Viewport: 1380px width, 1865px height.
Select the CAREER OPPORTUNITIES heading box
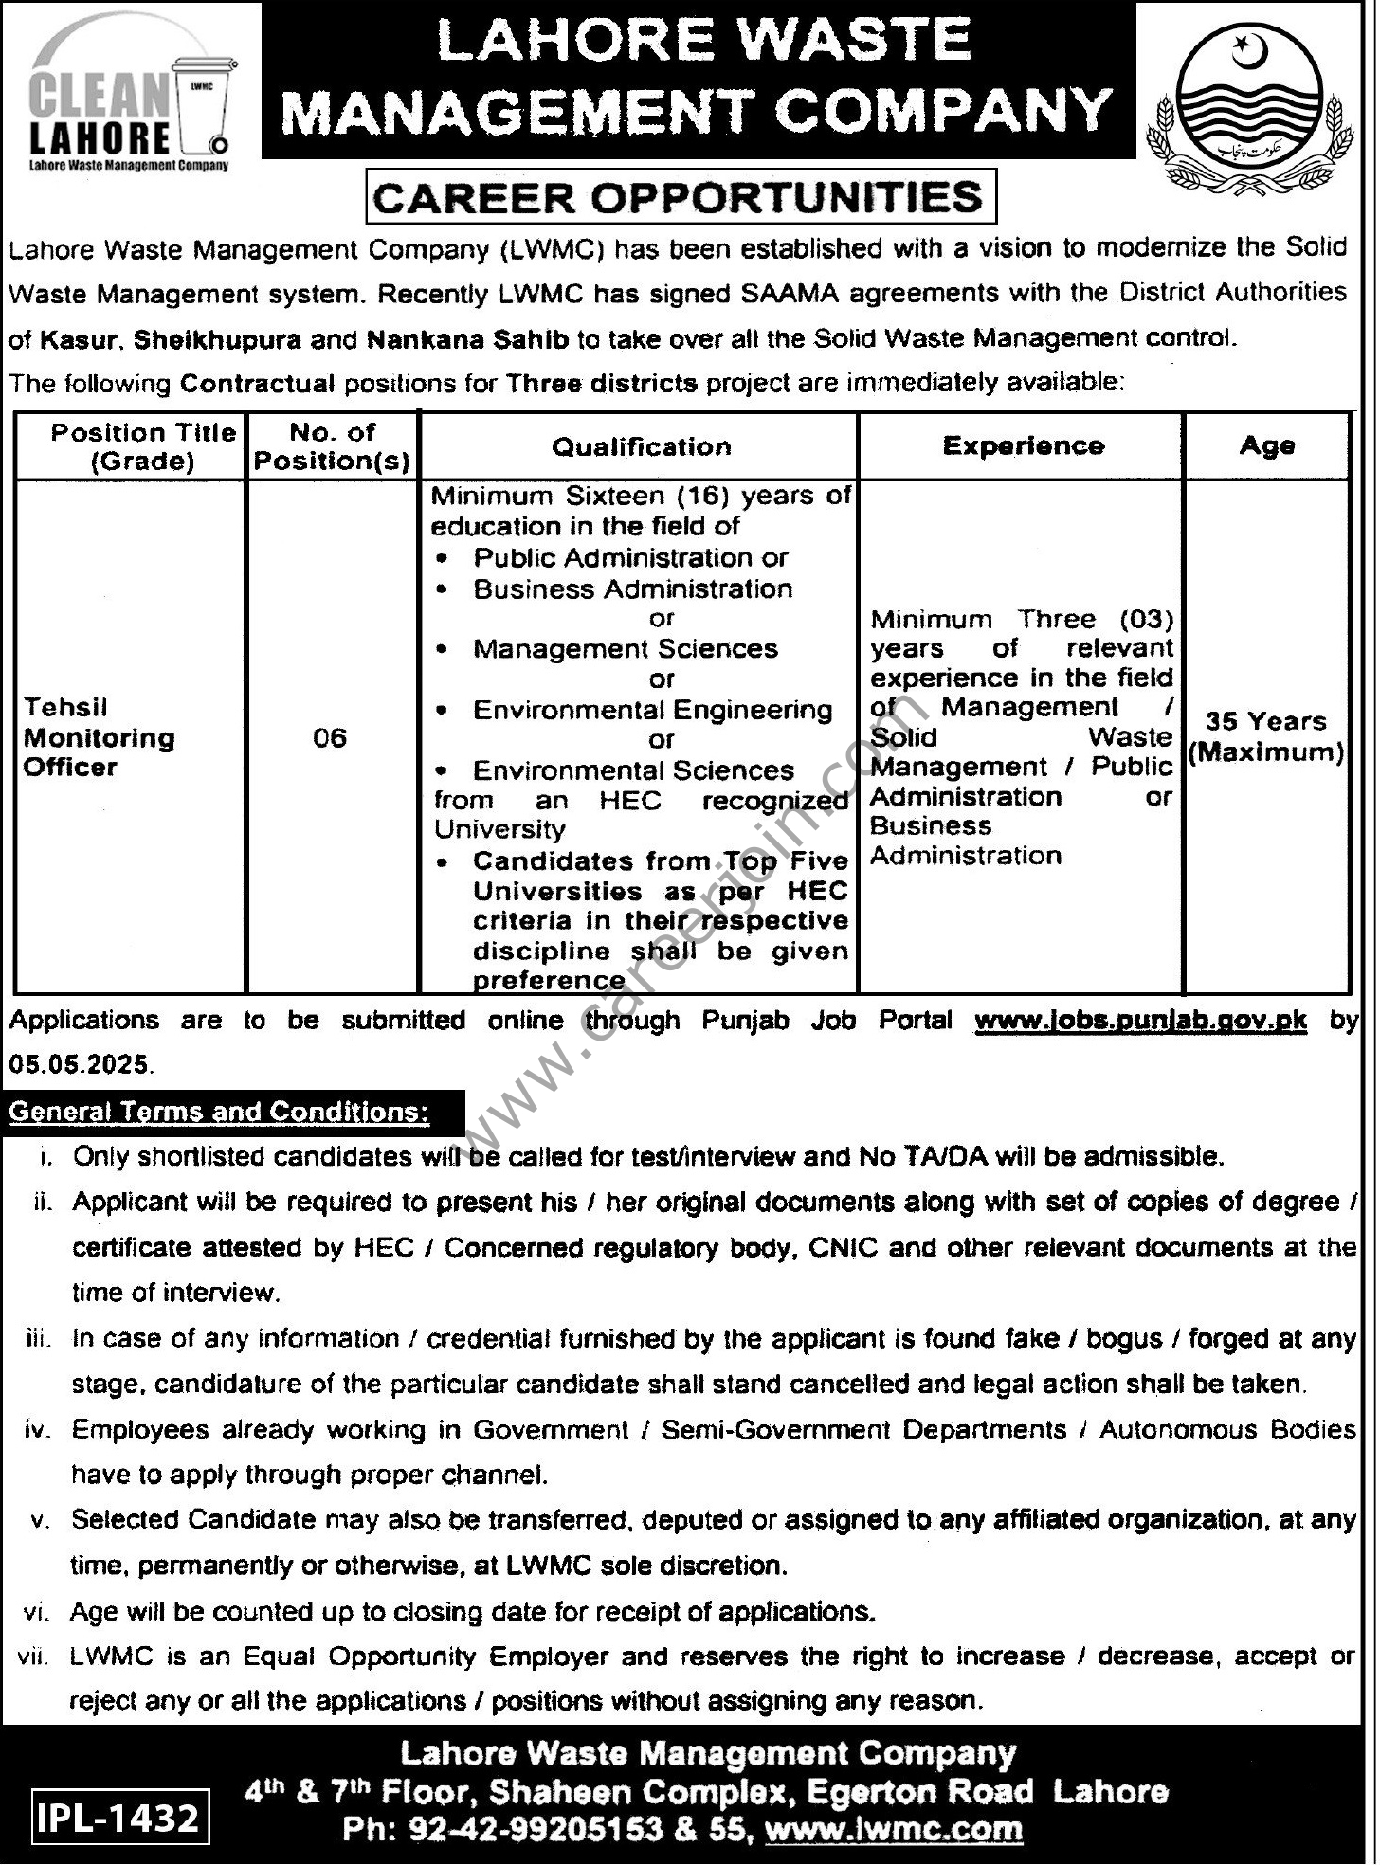tap(680, 197)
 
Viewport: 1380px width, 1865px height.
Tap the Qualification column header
tap(642, 446)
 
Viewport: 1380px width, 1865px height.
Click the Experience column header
tap(1024, 445)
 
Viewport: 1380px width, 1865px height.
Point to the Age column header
tap(1267, 445)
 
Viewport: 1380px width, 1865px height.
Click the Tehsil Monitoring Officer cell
tap(100, 737)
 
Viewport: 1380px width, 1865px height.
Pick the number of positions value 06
tap(330, 737)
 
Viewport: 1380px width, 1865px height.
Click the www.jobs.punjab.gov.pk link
tap(1140, 1021)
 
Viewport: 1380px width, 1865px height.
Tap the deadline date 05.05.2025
tap(80, 1064)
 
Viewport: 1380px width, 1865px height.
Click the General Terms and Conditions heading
tap(219, 1112)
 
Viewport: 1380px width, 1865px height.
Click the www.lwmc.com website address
tap(894, 1829)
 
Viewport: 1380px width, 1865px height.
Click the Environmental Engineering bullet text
tap(652, 710)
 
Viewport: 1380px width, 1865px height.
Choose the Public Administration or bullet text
tap(630, 557)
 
